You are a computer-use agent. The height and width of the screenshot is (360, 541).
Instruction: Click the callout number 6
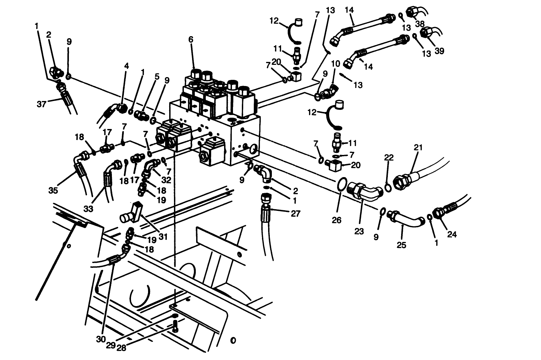point(191,40)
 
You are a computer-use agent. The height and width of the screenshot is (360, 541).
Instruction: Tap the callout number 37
point(42,104)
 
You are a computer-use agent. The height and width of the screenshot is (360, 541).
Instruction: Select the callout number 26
point(336,220)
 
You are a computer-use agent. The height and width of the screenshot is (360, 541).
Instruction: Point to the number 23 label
point(359,232)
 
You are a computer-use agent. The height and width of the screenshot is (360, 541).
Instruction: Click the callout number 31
point(163,236)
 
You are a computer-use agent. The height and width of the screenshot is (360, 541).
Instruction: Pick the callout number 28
point(121,348)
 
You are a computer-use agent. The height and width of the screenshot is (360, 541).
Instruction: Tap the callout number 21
point(418,147)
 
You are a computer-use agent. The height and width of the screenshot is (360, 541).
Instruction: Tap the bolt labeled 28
point(175,327)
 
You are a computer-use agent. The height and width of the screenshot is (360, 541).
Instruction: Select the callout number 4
point(127,66)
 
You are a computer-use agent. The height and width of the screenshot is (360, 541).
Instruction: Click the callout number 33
point(88,208)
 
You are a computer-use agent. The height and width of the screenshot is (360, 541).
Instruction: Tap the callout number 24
point(452,234)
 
